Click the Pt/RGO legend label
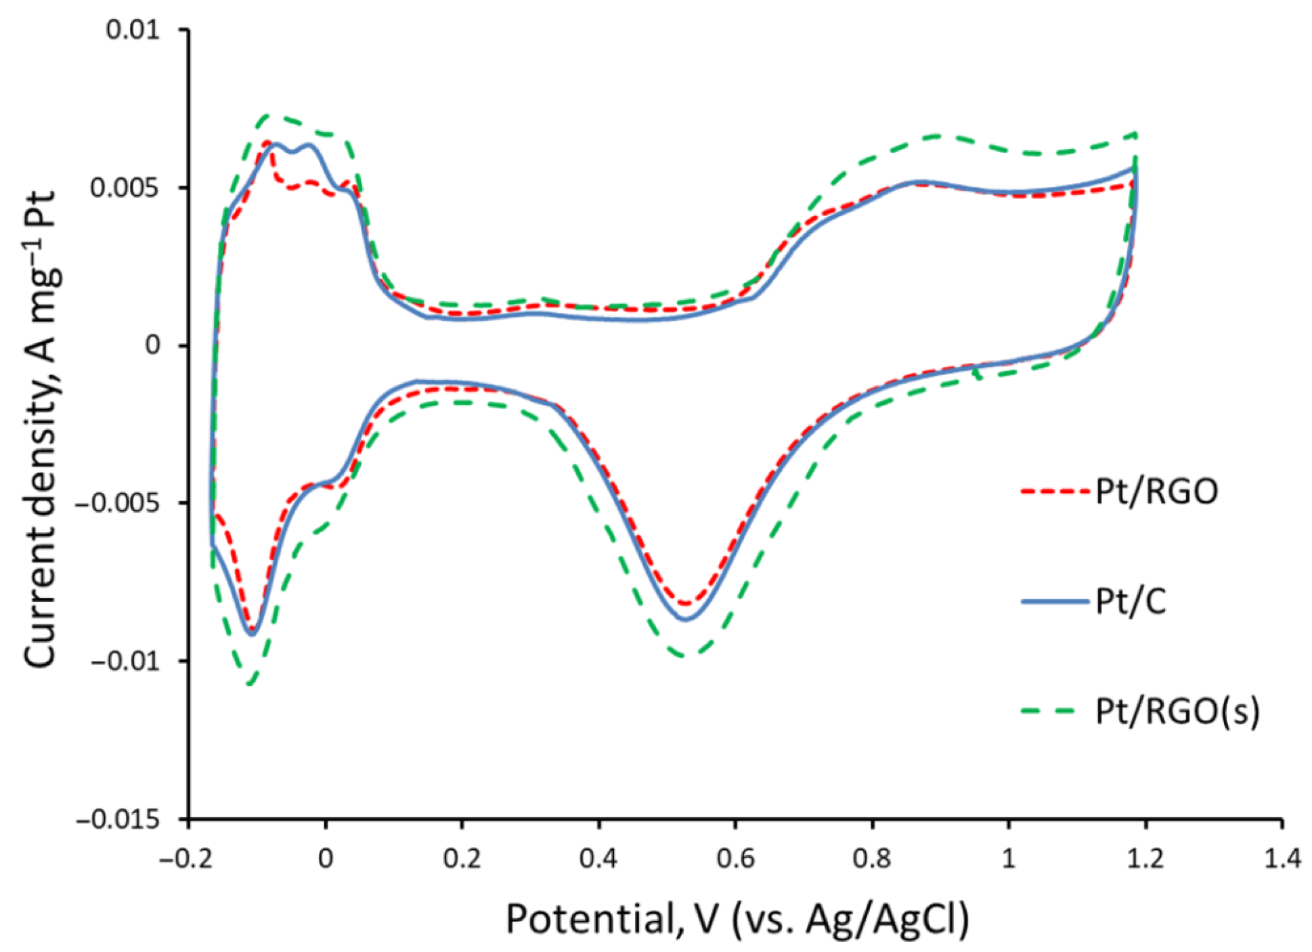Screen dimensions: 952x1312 click(1156, 491)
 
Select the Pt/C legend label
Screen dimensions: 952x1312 click(1131, 601)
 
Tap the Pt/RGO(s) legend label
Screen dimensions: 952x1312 click(1177, 711)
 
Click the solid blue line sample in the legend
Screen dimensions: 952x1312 click(1055, 601)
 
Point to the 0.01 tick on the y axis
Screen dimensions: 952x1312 click(133, 30)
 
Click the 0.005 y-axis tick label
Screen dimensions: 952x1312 click(125, 188)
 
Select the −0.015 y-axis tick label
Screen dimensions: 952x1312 click(118, 820)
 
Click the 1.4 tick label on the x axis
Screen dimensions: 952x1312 click(1282, 859)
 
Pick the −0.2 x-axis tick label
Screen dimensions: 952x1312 click(186, 859)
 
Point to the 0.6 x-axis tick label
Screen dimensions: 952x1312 click(735, 859)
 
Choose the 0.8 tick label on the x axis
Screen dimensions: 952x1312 click(872, 859)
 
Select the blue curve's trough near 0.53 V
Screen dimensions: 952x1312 click(685, 619)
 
